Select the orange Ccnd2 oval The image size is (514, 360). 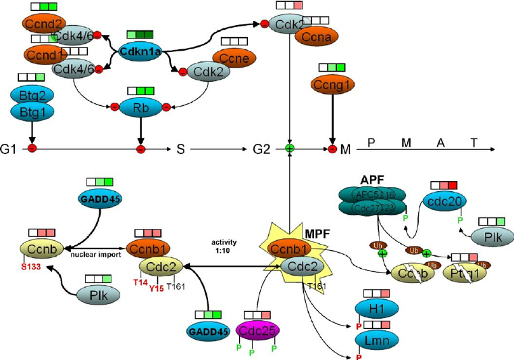point(44,24)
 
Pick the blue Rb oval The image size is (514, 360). point(140,106)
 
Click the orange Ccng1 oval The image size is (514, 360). point(331,84)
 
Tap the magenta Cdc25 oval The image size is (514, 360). point(257,331)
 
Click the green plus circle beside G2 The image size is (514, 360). point(290,148)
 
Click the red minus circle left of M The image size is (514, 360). point(332,148)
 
